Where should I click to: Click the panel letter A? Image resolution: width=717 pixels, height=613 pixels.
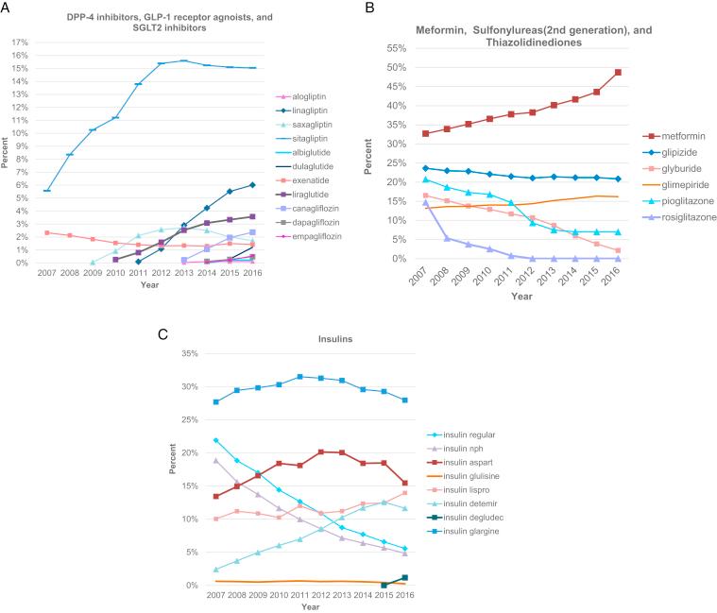point(7,8)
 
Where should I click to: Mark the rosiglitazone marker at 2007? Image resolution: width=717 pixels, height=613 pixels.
point(426,202)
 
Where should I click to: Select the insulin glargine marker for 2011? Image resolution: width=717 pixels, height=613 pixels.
point(300,377)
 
